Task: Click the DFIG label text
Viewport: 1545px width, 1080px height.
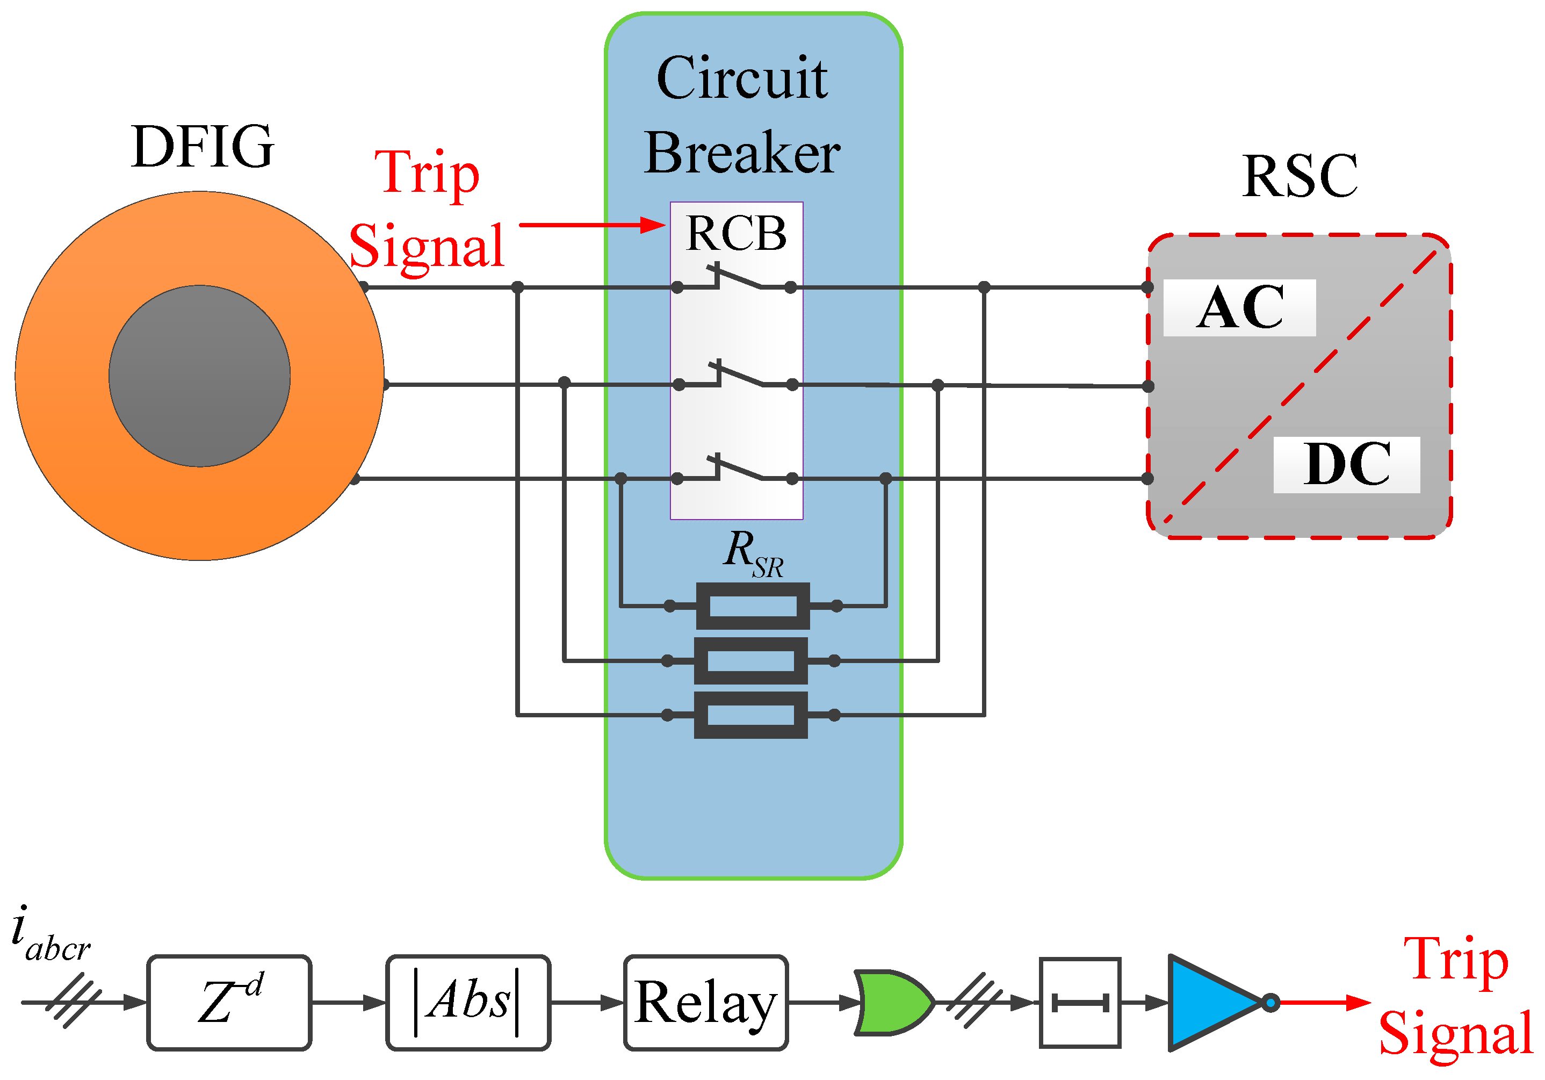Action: pyautogui.click(x=203, y=147)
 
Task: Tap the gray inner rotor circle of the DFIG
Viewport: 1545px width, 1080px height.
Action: pyautogui.click(x=199, y=376)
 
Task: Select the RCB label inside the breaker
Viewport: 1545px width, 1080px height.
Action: pyautogui.click(x=736, y=234)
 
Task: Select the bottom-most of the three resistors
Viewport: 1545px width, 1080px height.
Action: pyautogui.click(x=751, y=715)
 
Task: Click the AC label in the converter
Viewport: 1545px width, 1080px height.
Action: pyautogui.click(x=1239, y=307)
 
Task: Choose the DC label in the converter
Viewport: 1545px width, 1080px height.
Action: pyautogui.click(x=1346, y=464)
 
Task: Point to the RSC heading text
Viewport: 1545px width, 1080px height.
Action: pyautogui.click(x=1299, y=176)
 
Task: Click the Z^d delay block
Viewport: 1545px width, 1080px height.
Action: pyautogui.click(x=229, y=1002)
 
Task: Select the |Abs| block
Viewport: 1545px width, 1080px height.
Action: pyautogui.click(x=468, y=1002)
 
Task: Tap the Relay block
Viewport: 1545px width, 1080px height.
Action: pyautogui.click(x=706, y=1002)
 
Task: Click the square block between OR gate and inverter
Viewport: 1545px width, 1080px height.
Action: pyautogui.click(x=1080, y=1003)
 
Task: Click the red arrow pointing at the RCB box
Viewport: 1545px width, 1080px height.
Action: pyautogui.click(x=592, y=225)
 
